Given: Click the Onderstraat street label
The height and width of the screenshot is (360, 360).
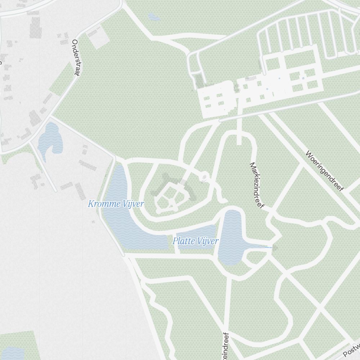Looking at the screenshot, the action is pyautogui.click(x=75, y=58).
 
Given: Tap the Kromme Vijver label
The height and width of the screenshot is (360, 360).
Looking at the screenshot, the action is pyautogui.click(x=116, y=204).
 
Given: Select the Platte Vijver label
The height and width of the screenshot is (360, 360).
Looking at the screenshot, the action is pyautogui.click(x=195, y=241).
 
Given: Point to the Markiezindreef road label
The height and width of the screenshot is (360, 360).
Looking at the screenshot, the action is pyautogui.click(x=257, y=185).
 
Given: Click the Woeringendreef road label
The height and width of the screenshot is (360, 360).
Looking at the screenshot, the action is pyautogui.click(x=325, y=171).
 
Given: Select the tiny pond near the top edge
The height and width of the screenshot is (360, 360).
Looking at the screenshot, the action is pyautogui.click(x=154, y=17).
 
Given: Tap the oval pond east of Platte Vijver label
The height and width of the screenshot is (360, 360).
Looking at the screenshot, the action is pyautogui.click(x=230, y=238).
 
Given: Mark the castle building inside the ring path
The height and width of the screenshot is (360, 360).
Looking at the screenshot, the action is pyautogui.click(x=171, y=194).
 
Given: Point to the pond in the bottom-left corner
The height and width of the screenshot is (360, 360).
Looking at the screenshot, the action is pyautogui.click(x=13, y=353).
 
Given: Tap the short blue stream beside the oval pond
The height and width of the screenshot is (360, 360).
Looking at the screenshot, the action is pyautogui.click(x=268, y=247).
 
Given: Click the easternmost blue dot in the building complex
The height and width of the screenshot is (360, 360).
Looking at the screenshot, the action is pyautogui.click(x=303, y=78).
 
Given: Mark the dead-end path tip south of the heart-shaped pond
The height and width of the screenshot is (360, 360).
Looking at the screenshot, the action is pyautogui.click(x=56, y=190).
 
